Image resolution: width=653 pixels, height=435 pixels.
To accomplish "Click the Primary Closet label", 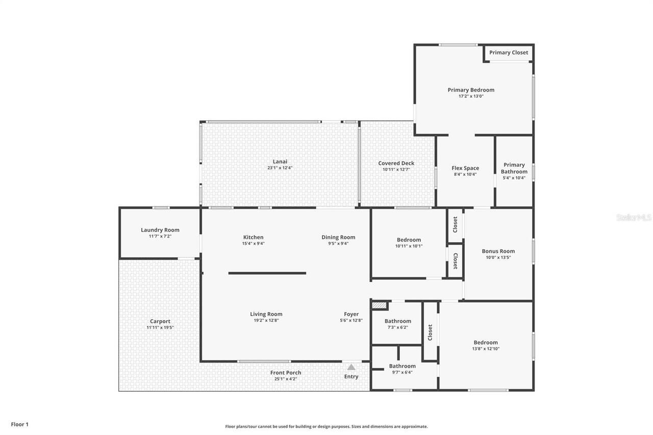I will click(x=509, y=53).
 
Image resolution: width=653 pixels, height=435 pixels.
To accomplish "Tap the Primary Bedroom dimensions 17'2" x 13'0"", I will click(x=471, y=96).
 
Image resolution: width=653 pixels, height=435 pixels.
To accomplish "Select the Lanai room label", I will click(x=280, y=162).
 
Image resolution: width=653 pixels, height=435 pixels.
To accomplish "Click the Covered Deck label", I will click(x=396, y=163).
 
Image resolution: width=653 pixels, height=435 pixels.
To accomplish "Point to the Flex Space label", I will click(x=465, y=168).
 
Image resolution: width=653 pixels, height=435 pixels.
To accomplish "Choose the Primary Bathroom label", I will click(x=514, y=168).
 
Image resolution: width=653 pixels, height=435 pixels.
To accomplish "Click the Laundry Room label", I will click(x=160, y=230).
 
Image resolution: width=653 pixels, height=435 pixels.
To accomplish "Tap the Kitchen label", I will click(x=253, y=237).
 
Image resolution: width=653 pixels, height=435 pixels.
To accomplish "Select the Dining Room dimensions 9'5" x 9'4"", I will click(x=338, y=243).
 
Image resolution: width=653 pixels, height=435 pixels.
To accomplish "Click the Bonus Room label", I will click(x=498, y=251).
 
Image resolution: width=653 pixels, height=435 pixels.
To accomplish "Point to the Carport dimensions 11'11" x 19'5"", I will click(x=160, y=327).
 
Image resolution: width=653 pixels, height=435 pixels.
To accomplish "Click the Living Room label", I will click(x=266, y=314).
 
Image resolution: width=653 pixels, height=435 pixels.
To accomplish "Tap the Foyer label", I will click(x=351, y=314).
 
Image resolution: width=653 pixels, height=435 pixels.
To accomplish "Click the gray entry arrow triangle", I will click(x=351, y=367).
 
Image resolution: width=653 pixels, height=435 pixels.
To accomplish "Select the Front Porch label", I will click(x=286, y=373).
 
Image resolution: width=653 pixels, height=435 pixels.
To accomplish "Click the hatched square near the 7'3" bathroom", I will click(x=379, y=305).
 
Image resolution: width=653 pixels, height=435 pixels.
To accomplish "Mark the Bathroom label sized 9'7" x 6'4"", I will click(x=402, y=366).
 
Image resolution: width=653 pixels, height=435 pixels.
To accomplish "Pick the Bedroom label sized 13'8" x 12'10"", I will click(x=485, y=343).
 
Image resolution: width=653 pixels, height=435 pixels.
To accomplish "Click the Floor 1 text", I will click(x=20, y=424).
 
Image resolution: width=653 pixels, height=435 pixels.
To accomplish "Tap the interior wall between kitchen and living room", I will click(x=267, y=273).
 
